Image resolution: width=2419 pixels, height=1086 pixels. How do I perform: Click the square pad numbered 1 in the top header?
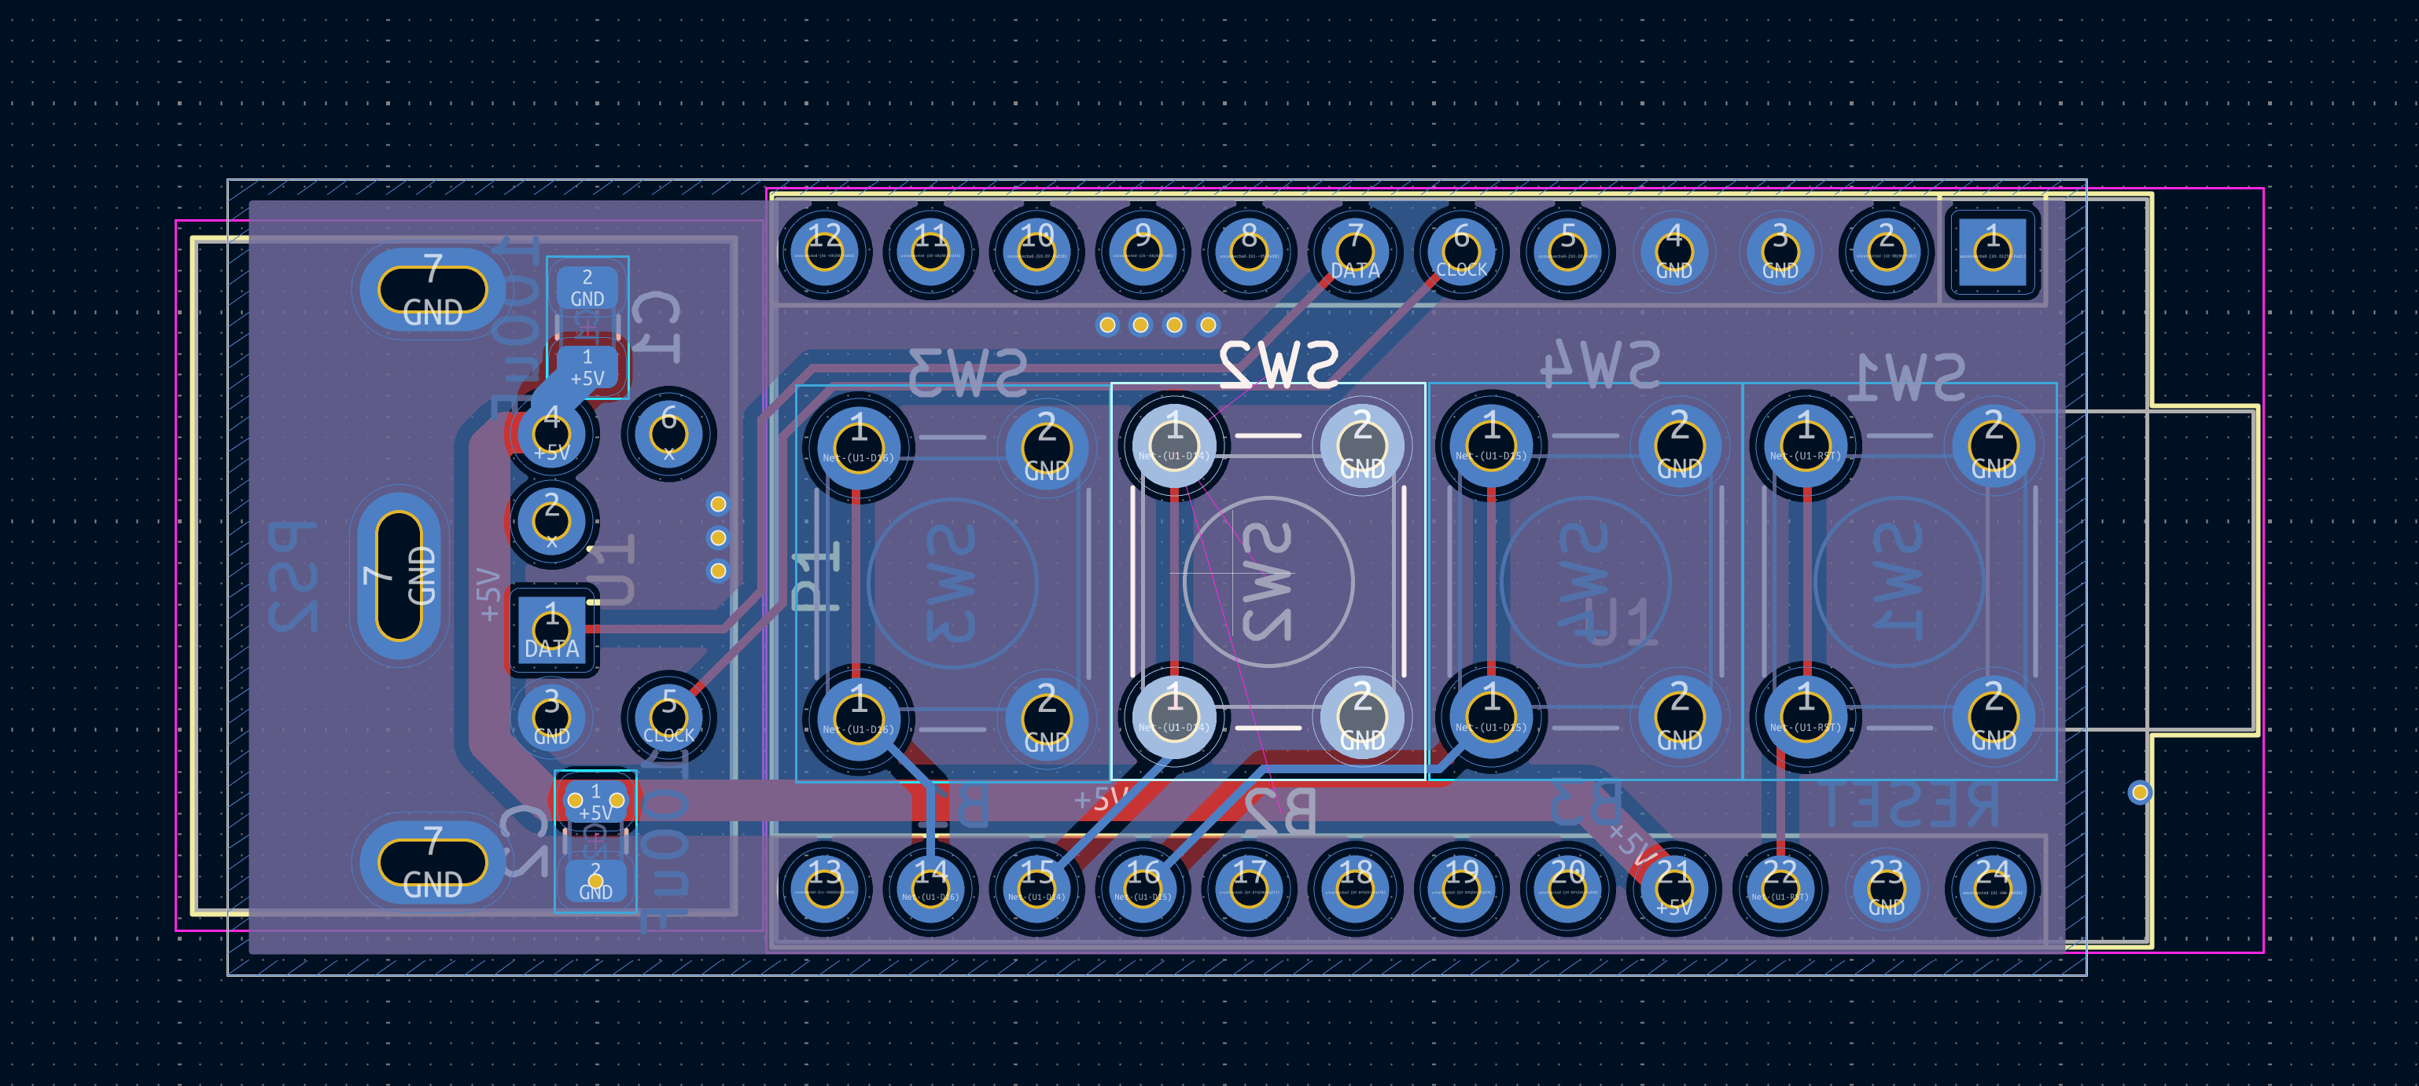(x=1992, y=251)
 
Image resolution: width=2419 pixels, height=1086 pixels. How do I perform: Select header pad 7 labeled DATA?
(x=1354, y=251)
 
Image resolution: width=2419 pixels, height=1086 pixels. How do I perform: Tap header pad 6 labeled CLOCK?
(x=1461, y=251)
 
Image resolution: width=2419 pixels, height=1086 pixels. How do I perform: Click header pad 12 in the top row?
(x=823, y=251)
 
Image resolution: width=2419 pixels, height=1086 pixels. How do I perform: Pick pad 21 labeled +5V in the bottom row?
(x=1673, y=888)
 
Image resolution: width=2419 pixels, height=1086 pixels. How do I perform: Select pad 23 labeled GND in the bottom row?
(x=1886, y=888)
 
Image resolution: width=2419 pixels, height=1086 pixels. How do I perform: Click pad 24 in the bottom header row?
(x=1992, y=888)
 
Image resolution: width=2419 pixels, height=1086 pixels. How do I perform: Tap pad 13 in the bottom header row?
(x=823, y=888)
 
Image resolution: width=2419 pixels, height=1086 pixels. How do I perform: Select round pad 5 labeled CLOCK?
(x=668, y=717)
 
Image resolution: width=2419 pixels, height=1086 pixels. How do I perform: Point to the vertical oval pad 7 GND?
(x=399, y=574)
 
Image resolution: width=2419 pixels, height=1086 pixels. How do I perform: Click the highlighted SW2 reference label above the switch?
(x=1279, y=365)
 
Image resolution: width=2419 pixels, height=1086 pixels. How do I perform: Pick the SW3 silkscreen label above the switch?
(x=967, y=372)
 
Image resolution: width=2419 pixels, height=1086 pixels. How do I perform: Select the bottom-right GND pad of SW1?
(x=1993, y=718)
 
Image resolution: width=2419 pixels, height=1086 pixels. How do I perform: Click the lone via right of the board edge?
(x=2139, y=792)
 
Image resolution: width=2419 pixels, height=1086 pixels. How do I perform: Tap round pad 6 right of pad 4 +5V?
(x=668, y=434)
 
